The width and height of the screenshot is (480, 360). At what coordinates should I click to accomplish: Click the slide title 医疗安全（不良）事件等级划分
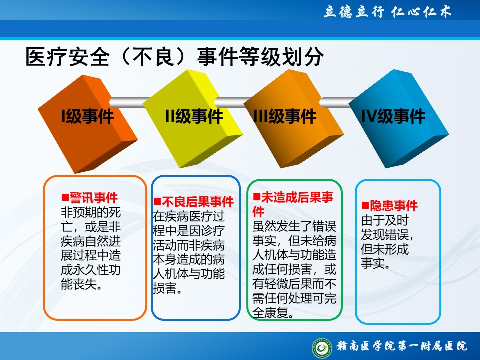pyautogui.click(x=175, y=57)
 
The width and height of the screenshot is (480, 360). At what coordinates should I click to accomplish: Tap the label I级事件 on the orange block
pyautogui.click(x=88, y=116)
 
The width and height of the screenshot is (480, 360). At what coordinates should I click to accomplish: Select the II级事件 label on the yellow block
pyautogui.click(x=194, y=116)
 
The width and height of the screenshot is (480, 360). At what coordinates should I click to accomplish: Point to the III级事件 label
pyautogui.click(x=285, y=116)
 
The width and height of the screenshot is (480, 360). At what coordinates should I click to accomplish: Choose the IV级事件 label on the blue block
pyautogui.click(x=393, y=116)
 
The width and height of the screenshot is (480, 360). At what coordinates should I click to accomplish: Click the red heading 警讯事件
pyautogui.click(x=94, y=198)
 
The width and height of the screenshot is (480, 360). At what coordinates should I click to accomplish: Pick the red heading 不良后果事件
pyautogui.click(x=198, y=202)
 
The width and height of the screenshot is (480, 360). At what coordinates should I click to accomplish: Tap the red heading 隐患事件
pyautogui.click(x=394, y=205)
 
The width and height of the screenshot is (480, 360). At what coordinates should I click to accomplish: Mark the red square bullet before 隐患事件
pyautogui.click(x=365, y=205)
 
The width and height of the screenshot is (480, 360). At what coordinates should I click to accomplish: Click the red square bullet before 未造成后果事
pyautogui.click(x=257, y=197)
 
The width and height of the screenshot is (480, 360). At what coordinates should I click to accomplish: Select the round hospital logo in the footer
pyautogui.click(x=322, y=348)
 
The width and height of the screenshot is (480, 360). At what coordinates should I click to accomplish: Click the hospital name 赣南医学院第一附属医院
pyautogui.click(x=402, y=346)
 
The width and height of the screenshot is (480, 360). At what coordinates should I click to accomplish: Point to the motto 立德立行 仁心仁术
pyautogui.click(x=387, y=12)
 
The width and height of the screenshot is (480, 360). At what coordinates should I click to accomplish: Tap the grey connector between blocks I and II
pyautogui.click(x=128, y=102)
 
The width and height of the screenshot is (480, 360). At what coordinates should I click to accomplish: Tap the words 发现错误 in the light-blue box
pyautogui.click(x=385, y=235)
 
